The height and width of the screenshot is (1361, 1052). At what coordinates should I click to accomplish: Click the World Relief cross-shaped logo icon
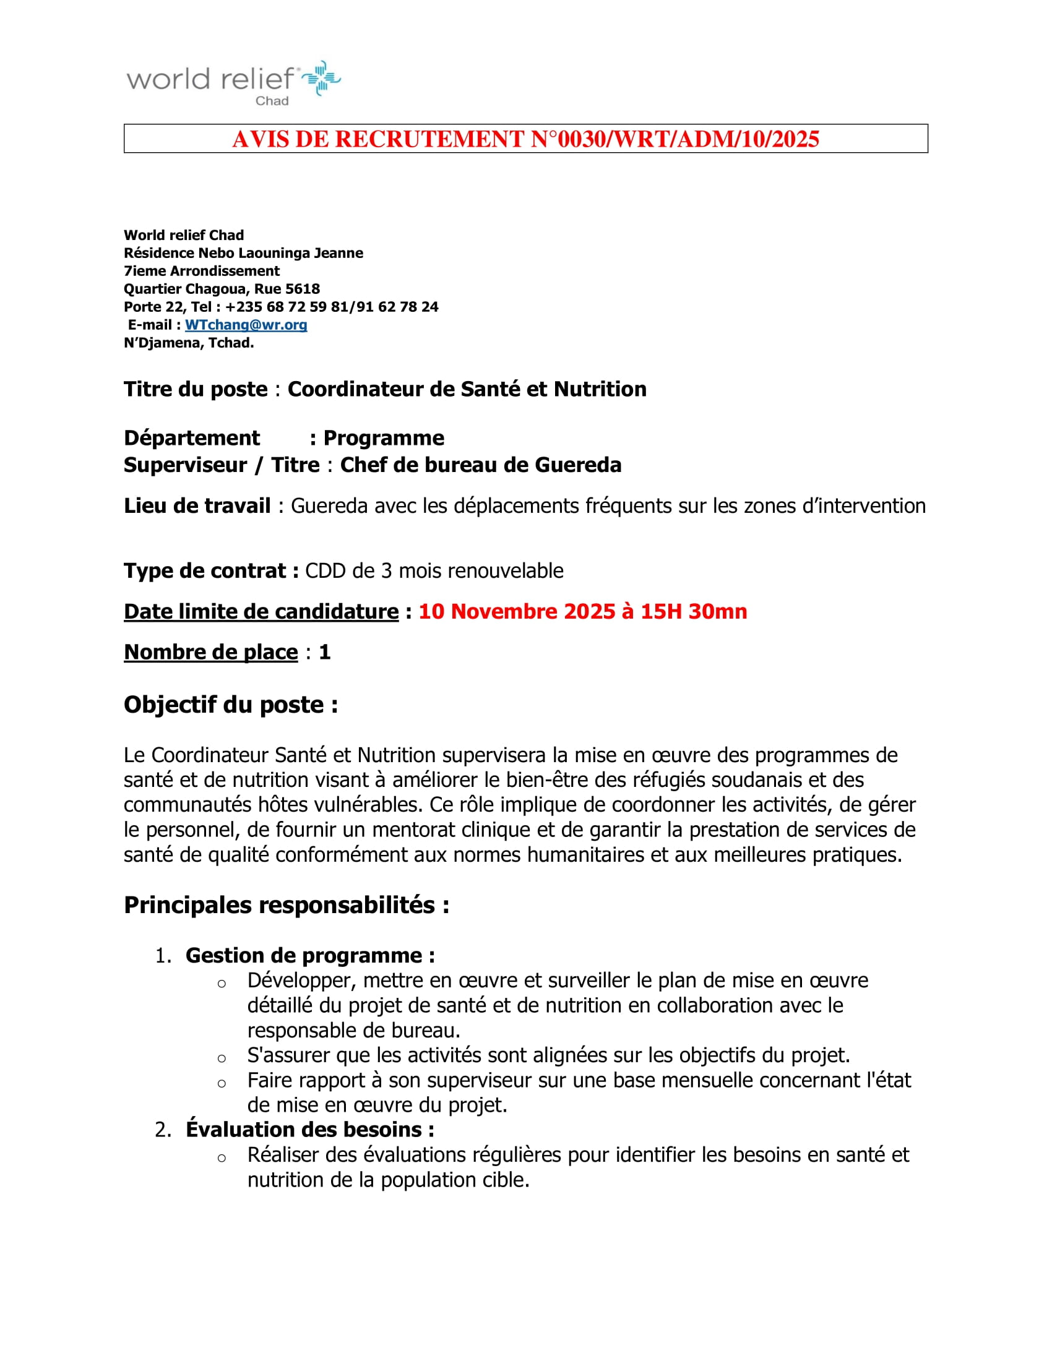[321, 78]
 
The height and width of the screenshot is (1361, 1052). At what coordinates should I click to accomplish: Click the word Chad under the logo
[272, 101]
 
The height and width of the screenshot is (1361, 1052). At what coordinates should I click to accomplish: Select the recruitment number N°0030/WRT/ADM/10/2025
[675, 139]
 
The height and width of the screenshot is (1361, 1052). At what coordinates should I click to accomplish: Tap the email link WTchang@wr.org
[246, 325]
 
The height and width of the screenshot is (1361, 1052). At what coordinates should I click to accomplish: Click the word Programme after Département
[384, 438]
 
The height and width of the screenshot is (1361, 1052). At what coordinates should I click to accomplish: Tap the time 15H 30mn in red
[694, 611]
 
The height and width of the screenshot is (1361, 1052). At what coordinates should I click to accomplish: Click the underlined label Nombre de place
[210, 652]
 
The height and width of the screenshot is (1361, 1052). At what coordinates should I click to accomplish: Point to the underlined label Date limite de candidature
[261, 611]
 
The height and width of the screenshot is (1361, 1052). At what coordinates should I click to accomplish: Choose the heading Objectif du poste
[231, 705]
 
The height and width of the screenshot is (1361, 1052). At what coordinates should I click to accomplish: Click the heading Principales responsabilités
[287, 905]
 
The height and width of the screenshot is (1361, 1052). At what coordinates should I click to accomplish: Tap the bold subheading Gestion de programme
[310, 955]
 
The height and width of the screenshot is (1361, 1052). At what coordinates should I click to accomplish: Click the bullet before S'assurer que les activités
[222, 1058]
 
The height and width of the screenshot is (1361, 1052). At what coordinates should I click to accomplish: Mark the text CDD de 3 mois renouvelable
[434, 571]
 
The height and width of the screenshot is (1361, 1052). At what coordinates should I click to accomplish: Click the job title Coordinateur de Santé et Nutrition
[467, 389]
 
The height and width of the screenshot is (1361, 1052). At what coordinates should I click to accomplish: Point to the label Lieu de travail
[197, 505]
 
